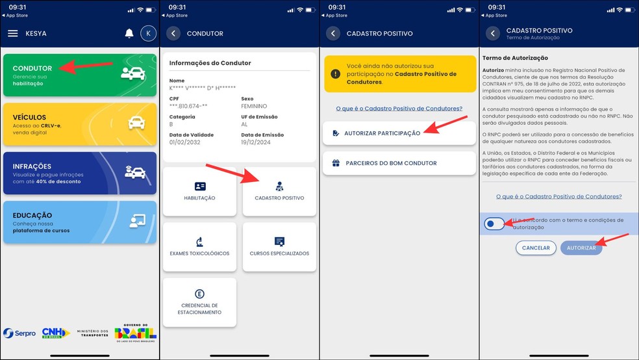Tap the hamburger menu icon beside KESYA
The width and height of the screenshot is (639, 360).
coord(12,33)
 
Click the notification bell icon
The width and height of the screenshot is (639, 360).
coord(129,33)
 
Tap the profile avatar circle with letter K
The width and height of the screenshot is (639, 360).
coord(148,33)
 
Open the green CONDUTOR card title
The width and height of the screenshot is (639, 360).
coord(32,68)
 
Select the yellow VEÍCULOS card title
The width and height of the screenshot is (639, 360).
coord(29,117)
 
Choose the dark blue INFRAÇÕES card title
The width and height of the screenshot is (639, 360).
coord(32,166)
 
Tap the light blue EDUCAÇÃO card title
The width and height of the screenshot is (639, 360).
coord(32,215)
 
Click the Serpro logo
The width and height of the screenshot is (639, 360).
coord(19,333)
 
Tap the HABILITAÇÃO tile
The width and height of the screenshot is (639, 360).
coord(199,191)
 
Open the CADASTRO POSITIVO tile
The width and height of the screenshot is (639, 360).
coord(279,191)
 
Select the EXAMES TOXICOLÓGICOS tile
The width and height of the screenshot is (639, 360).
coord(199,247)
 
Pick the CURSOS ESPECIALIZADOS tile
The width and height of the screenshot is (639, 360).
coord(279,247)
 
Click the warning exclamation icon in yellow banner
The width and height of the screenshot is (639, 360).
coord(335,74)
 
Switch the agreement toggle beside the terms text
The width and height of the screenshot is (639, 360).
coord(494,224)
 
